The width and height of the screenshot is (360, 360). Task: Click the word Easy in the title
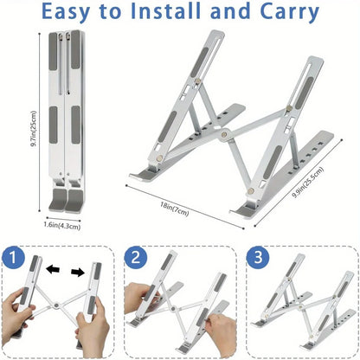81,13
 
